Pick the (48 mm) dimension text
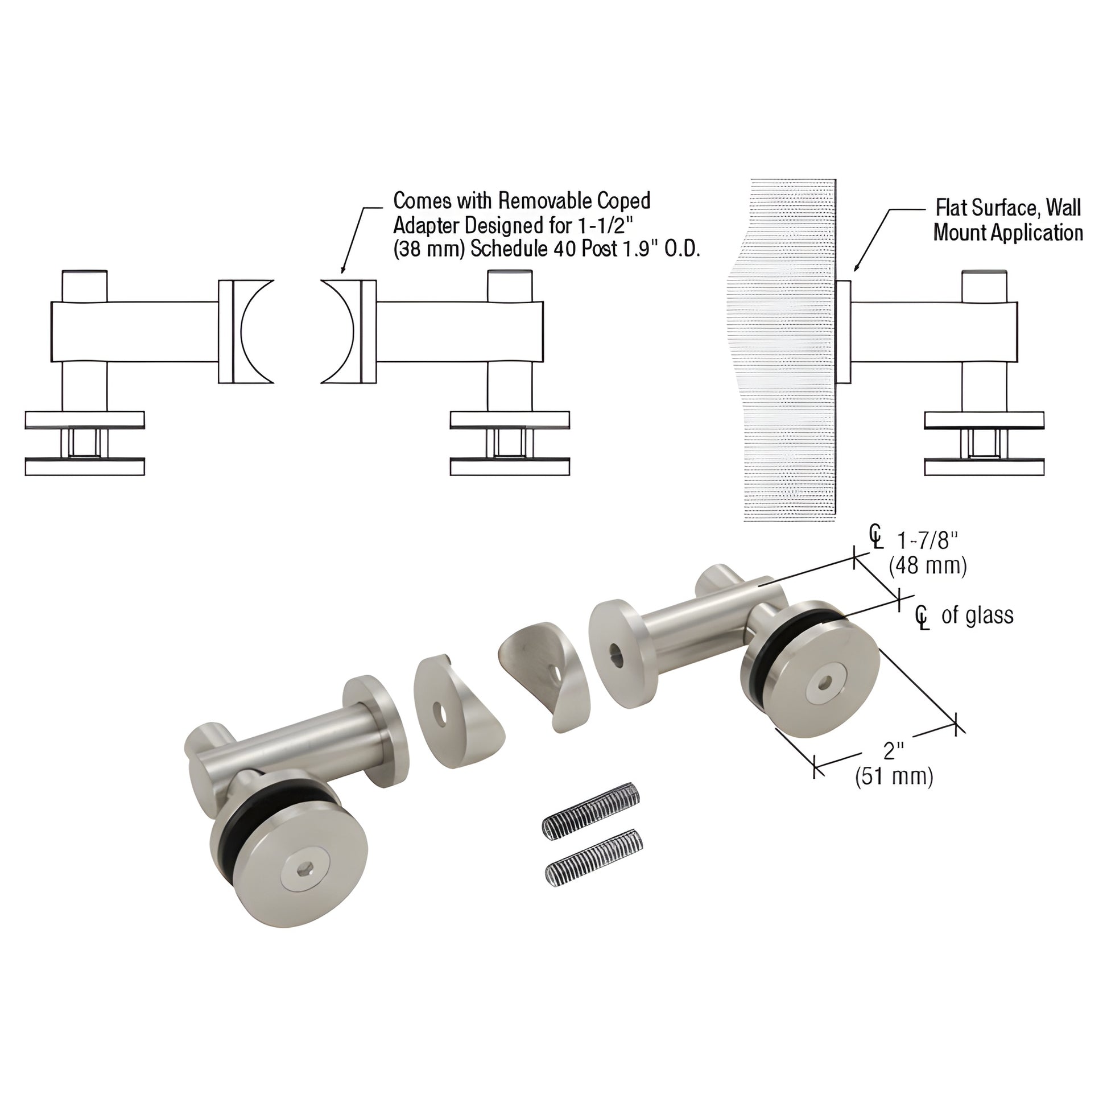point(928,566)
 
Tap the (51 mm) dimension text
point(894,776)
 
